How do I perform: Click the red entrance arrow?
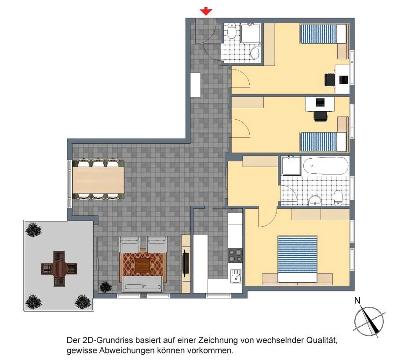[206, 12]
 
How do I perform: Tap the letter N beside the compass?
[357, 301]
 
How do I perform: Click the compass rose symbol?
[369, 320]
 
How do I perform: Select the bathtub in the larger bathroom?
[326, 166]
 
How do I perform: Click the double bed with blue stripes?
[297, 259]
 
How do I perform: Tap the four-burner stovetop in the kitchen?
[235, 256]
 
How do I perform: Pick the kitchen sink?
[236, 276]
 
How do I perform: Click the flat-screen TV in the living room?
[186, 263]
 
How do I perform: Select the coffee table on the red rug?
[142, 265]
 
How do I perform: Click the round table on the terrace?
[59, 269]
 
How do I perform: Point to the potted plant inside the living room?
[106, 287]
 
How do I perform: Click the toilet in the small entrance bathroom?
[231, 31]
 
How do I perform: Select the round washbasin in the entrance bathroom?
[255, 53]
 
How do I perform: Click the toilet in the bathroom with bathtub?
[338, 198]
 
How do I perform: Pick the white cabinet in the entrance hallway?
[196, 85]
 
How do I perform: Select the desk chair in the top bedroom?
[330, 80]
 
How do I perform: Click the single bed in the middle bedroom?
[323, 142]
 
